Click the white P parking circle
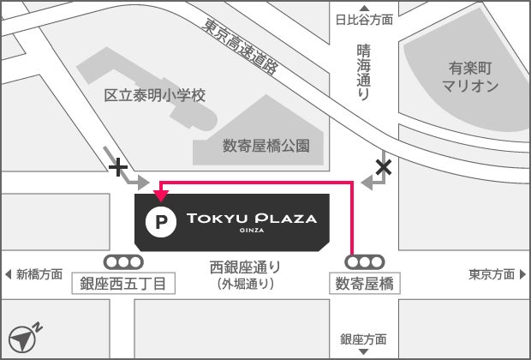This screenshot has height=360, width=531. [x=158, y=223]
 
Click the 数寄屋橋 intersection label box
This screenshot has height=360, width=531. [x=365, y=284]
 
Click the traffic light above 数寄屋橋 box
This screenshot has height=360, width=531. [x=365, y=262]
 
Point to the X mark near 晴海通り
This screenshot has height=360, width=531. [x=384, y=167]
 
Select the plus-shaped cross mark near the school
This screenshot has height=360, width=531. [x=118, y=167]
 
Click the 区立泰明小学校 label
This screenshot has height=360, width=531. [x=155, y=95]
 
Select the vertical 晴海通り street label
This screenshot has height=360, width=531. [x=363, y=73]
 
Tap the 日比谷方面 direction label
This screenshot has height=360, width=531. [x=364, y=19]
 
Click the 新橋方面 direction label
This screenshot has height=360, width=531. [x=36, y=274]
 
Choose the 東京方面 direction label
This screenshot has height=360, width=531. [x=495, y=274]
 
